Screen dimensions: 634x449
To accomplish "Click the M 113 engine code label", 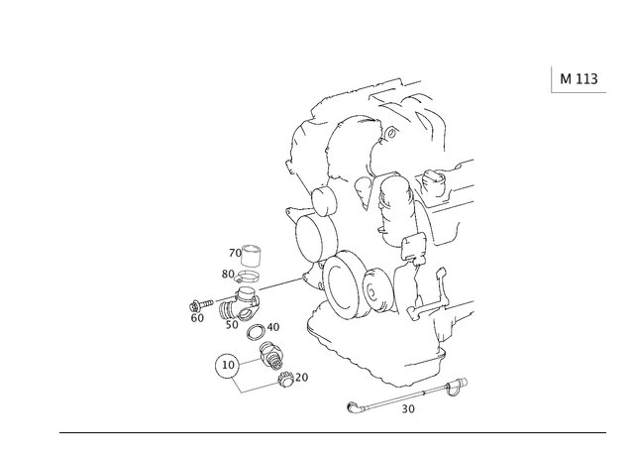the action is pyautogui.click(x=579, y=79).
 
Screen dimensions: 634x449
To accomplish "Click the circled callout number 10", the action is pyautogui.click(x=228, y=366).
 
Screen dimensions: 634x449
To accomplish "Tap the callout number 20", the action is pyautogui.click(x=301, y=377).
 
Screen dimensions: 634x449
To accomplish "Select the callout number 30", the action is pyautogui.click(x=408, y=409).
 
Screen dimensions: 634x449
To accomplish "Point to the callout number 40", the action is pyautogui.click(x=273, y=327).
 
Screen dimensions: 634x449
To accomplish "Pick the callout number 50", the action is pyautogui.click(x=232, y=325).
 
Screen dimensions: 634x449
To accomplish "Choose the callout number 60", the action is pyautogui.click(x=197, y=318).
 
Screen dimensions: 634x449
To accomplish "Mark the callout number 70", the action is pyautogui.click(x=235, y=253).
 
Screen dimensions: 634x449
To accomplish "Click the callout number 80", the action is pyautogui.click(x=228, y=275).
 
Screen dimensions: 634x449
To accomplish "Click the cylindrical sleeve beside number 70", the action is pyautogui.click(x=251, y=256).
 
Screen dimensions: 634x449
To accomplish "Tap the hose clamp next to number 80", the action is pyautogui.click(x=247, y=278).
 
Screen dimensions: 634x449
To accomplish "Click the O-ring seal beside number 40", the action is pyautogui.click(x=256, y=332).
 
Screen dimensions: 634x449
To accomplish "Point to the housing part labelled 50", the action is pyautogui.click(x=240, y=303).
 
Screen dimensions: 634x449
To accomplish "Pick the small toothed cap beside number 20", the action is pyautogui.click(x=286, y=381).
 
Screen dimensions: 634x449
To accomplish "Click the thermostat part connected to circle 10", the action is pyautogui.click(x=270, y=355).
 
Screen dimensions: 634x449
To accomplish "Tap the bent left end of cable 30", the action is pyautogui.click(x=353, y=407).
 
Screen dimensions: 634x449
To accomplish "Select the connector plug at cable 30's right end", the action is pyautogui.click(x=457, y=385).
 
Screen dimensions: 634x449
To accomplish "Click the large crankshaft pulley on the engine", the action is pyautogui.click(x=341, y=283).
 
